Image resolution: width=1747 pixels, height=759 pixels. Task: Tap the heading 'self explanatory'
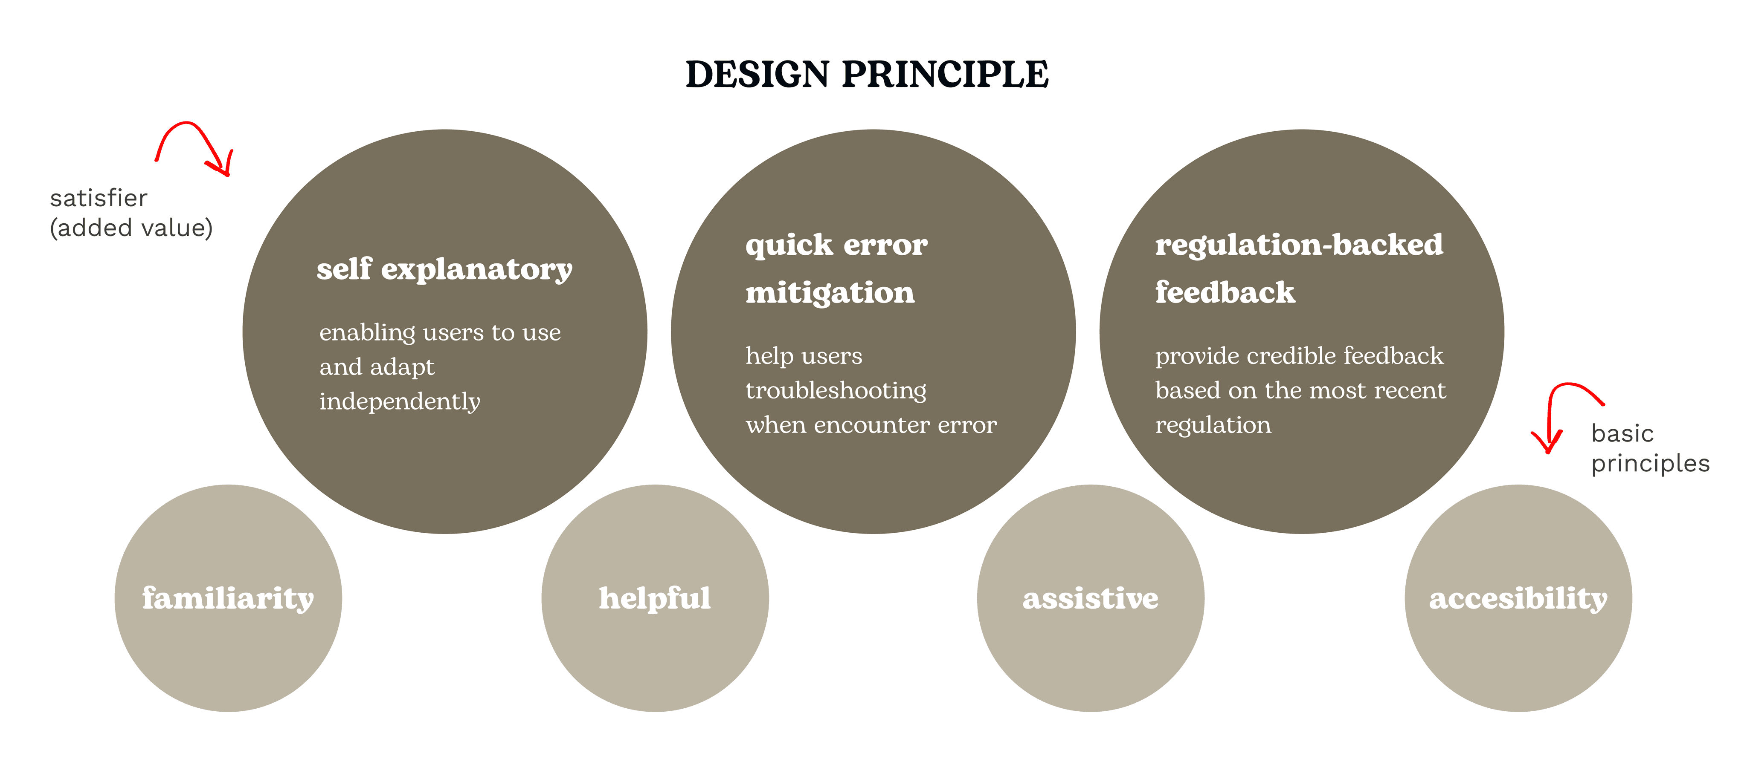[x=444, y=269]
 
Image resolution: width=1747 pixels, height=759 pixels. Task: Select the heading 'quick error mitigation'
[x=836, y=268]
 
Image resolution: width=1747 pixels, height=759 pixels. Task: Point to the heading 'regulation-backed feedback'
[x=1299, y=268]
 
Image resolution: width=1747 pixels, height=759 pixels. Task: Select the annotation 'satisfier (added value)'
[x=131, y=213]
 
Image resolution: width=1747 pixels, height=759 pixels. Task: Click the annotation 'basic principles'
[x=1650, y=448]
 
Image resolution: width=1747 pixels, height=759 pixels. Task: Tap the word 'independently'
[x=400, y=401]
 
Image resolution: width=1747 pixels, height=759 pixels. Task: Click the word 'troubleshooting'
[x=836, y=390]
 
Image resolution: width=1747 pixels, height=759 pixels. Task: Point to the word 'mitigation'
[x=830, y=293]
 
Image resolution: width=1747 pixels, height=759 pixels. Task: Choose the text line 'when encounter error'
[x=871, y=425]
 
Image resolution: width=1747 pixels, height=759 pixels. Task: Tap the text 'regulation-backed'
[x=1299, y=245]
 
